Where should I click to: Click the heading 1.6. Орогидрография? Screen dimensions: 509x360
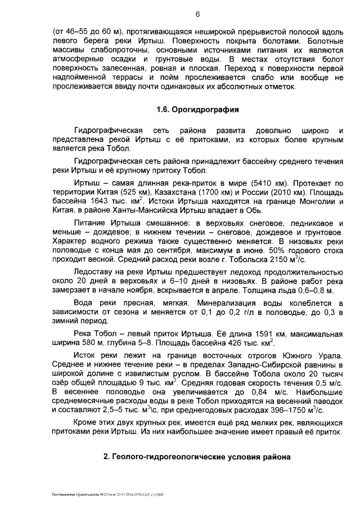click(x=197, y=109)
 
